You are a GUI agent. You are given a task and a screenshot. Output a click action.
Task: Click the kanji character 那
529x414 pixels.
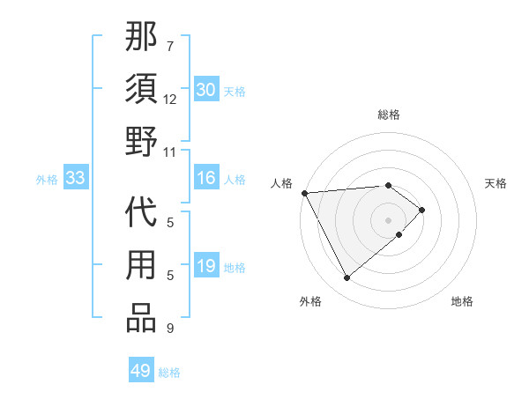coord(142,38)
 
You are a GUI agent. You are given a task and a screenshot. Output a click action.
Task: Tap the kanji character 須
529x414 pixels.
coord(142,90)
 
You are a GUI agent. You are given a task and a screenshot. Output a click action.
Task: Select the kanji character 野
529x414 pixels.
coord(142,142)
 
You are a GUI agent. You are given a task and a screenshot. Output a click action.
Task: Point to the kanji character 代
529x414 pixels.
coord(142,217)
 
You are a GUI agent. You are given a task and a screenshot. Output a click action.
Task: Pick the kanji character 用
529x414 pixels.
coord(142,268)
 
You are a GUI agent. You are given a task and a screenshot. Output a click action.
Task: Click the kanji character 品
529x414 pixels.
coord(142,319)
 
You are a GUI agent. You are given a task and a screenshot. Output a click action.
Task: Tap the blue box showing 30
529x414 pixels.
coord(205,90)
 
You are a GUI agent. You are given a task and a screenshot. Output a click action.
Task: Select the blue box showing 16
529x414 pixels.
coord(205,179)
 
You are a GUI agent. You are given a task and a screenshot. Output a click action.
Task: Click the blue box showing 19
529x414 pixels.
coord(205,267)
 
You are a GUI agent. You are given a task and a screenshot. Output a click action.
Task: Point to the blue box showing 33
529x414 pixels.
coord(75,179)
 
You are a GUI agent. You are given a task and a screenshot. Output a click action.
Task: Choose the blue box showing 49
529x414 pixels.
coord(141,371)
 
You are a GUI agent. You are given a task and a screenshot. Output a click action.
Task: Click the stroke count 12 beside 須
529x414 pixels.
coord(170,99)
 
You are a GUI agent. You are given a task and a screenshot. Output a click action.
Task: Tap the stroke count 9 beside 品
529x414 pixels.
coord(170,329)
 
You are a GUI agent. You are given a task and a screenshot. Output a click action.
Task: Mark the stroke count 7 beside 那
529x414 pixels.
coord(170,46)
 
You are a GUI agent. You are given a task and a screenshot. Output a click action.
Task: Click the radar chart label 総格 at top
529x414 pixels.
coord(388,115)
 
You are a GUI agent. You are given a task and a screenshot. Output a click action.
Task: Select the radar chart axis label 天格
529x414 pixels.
coord(495,183)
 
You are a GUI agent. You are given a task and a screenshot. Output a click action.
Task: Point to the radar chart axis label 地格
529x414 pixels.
coord(462,301)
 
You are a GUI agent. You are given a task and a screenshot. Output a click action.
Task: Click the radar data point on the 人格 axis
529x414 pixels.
coord(304,192)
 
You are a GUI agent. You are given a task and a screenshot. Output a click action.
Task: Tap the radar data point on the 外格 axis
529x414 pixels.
coord(346,278)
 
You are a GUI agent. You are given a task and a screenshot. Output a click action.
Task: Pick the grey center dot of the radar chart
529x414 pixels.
coord(388,218)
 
